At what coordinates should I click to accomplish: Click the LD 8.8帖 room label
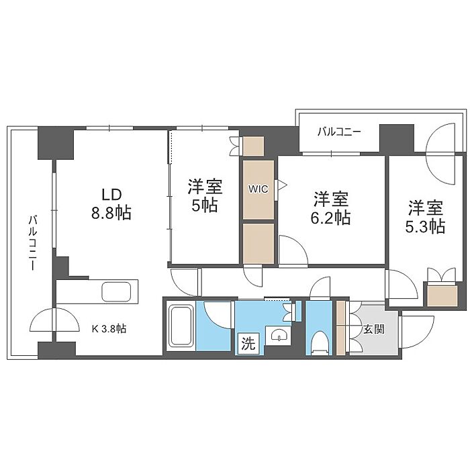pyautogui.click(x=111, y=204)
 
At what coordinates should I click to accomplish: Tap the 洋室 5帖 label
pyautogui.click(x=205, y=195)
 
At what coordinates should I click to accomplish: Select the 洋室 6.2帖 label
pyautogui.click(x=331, y=207)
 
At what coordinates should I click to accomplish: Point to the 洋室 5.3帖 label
pyautogui.click(x=425, y=217)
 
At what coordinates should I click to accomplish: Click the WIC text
pyautogui.click(x=258, y=189)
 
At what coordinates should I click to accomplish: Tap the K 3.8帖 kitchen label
pyautogui.click(x=109, y=329)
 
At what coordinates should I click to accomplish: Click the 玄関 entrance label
pyautogui.click(x=374, y=330)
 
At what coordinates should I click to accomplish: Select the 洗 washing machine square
pyautogui.click(x=248, y=344)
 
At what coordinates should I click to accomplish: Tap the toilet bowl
pyautogui.click(x=319, y=342)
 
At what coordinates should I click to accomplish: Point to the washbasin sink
pyautogui.click(x=279, y=335)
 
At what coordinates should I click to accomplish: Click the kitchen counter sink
pyautogui.click(x=116, y=291)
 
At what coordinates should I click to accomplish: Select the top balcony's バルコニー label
pyautogui.click(x=339, y=132)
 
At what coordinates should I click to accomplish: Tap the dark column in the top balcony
pyautogui.click(x=397, y=138)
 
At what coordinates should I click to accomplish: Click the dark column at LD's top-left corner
pyautogui.click(x=56, y=143)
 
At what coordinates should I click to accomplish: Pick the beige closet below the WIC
pyautogui.click(x=258, y=243)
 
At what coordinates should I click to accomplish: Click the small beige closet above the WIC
pyautogui.click(x=253, y=146)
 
